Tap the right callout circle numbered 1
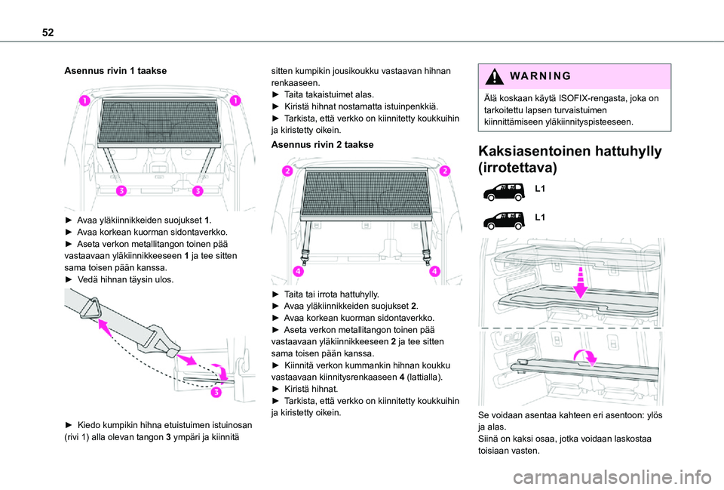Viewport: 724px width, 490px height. [236, 100]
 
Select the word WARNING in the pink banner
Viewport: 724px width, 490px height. [539, 77]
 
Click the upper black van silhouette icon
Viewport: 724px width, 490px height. [504, 190]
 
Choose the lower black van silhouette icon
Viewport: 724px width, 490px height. [504, 220]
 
